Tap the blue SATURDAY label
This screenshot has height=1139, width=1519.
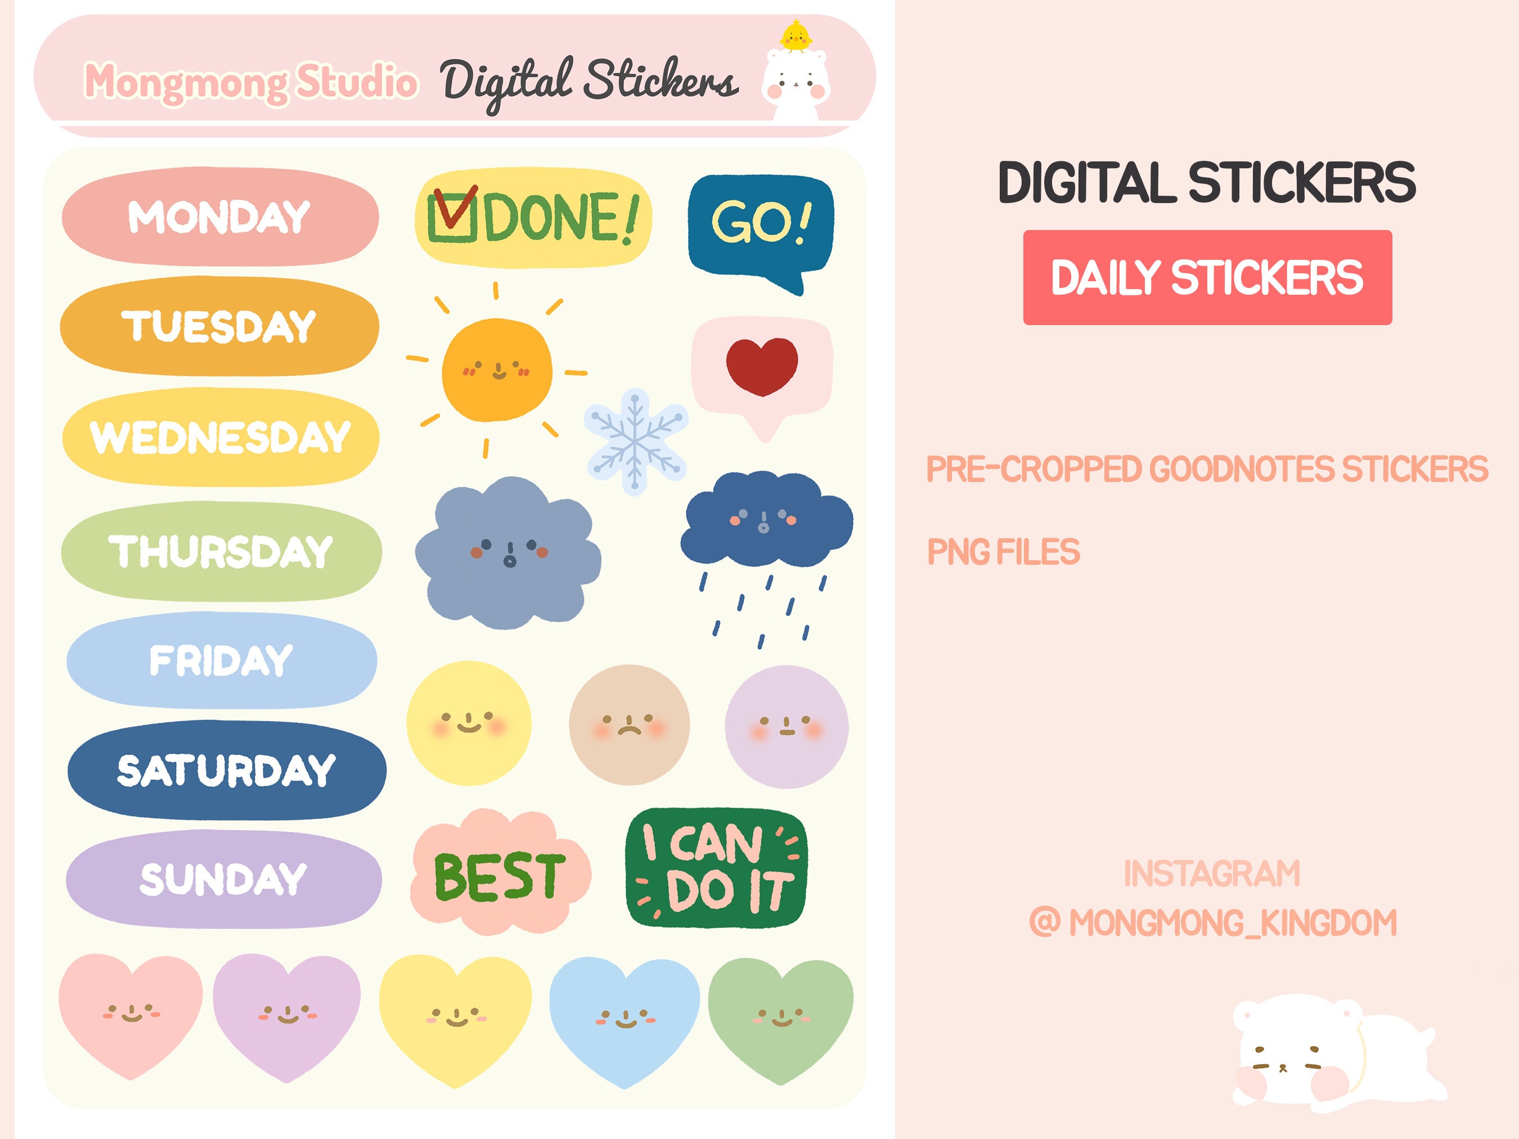point(227,771)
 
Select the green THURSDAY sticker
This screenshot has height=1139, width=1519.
point(221,551)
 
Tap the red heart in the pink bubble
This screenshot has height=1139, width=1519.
point(762,365)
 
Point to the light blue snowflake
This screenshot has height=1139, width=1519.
point(635,442)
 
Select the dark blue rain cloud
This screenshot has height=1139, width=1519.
point(766,520)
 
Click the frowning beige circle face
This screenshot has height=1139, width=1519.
point(629,724)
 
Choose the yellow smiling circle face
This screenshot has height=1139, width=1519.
point(469,723)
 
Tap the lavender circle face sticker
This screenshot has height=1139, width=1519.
point(787,726)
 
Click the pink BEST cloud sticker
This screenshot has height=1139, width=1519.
point(500,874)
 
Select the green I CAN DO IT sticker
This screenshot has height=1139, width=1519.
point(716,868)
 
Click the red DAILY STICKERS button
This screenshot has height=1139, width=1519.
point(1207,277)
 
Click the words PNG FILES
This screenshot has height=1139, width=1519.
point(1003,552)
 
